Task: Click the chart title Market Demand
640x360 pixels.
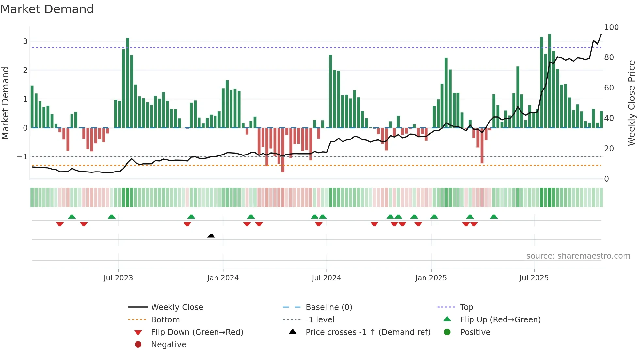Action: click(47, 9)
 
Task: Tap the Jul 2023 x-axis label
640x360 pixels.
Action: click(118, 278)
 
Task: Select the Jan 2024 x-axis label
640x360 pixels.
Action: click(223, 278)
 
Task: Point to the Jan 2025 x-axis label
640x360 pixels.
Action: click(431, 278)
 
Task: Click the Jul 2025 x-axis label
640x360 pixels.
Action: click(534, 278)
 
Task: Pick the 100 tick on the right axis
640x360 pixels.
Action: click(611, 27)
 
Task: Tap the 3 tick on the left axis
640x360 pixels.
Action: click(25, 41)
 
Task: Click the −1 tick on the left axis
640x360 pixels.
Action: click(22, 157)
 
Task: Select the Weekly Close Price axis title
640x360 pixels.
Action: click(632, 103)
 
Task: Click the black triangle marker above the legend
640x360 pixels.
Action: click(211, 236)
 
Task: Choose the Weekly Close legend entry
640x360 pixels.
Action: click(177, 307)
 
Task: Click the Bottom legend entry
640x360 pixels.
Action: click(165, 320)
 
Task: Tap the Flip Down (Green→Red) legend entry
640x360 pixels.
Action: click(197, 332)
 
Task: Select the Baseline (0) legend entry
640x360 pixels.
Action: click(328, 307)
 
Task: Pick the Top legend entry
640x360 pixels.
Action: click(467, 307)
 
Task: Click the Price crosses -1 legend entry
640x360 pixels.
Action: click(368, 332)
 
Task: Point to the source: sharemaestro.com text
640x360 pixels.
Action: click(578, 256)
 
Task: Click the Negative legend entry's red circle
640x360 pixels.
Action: click(138, 345)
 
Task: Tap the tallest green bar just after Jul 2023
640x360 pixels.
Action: click(128, 82)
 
